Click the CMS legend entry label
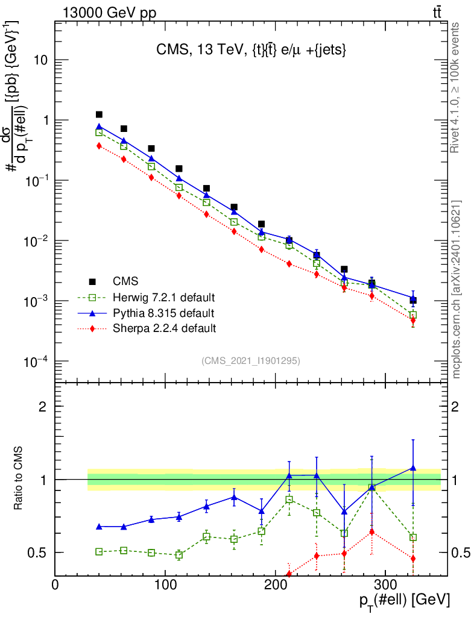pyautogui.click(x=125, y=281)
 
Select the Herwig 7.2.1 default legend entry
pyautogui.click(x=164, y=297)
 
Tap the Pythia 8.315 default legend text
pyautogui.click(x=163, y=313)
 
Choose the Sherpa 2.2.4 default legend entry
pyautogui.click(x=165, y=328)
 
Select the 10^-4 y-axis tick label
pyautogui.click(x=36, y=361)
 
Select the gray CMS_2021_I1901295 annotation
pyautogui.click(x=251, y=360)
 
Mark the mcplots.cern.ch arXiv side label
pyautogui.click(x=457, y=289)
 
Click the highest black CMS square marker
pyautogui.click(x=99, y=114)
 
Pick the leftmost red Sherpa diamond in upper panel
pyautogui.click(x=99, y=146)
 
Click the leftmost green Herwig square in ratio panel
pyautogui.click(x=99, y=551)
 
